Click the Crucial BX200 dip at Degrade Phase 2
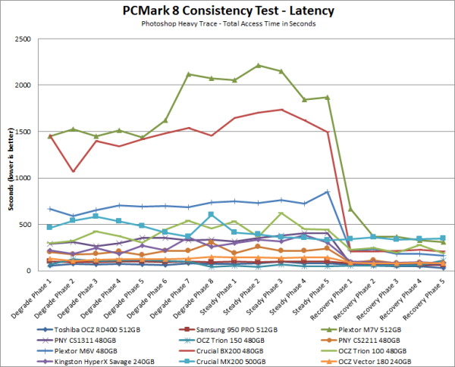[72, 171]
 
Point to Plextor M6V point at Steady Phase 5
[328, 191]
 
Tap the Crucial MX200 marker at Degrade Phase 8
[212, 215]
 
